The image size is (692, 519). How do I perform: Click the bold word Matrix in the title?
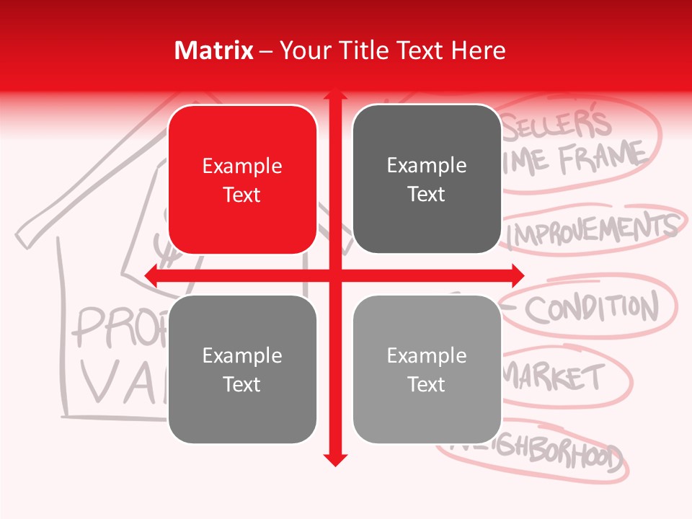click(214, 50)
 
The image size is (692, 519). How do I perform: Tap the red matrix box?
click(242, 179)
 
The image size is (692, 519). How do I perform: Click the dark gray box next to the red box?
click(427, 179)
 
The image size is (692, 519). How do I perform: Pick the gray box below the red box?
click(242, 369)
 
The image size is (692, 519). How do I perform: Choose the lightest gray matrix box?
click(427, 369)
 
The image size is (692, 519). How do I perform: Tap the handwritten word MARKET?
click(554, 377)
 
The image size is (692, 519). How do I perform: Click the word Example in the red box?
click(242, 167)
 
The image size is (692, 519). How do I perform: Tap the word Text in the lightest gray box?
click(427, 384)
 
